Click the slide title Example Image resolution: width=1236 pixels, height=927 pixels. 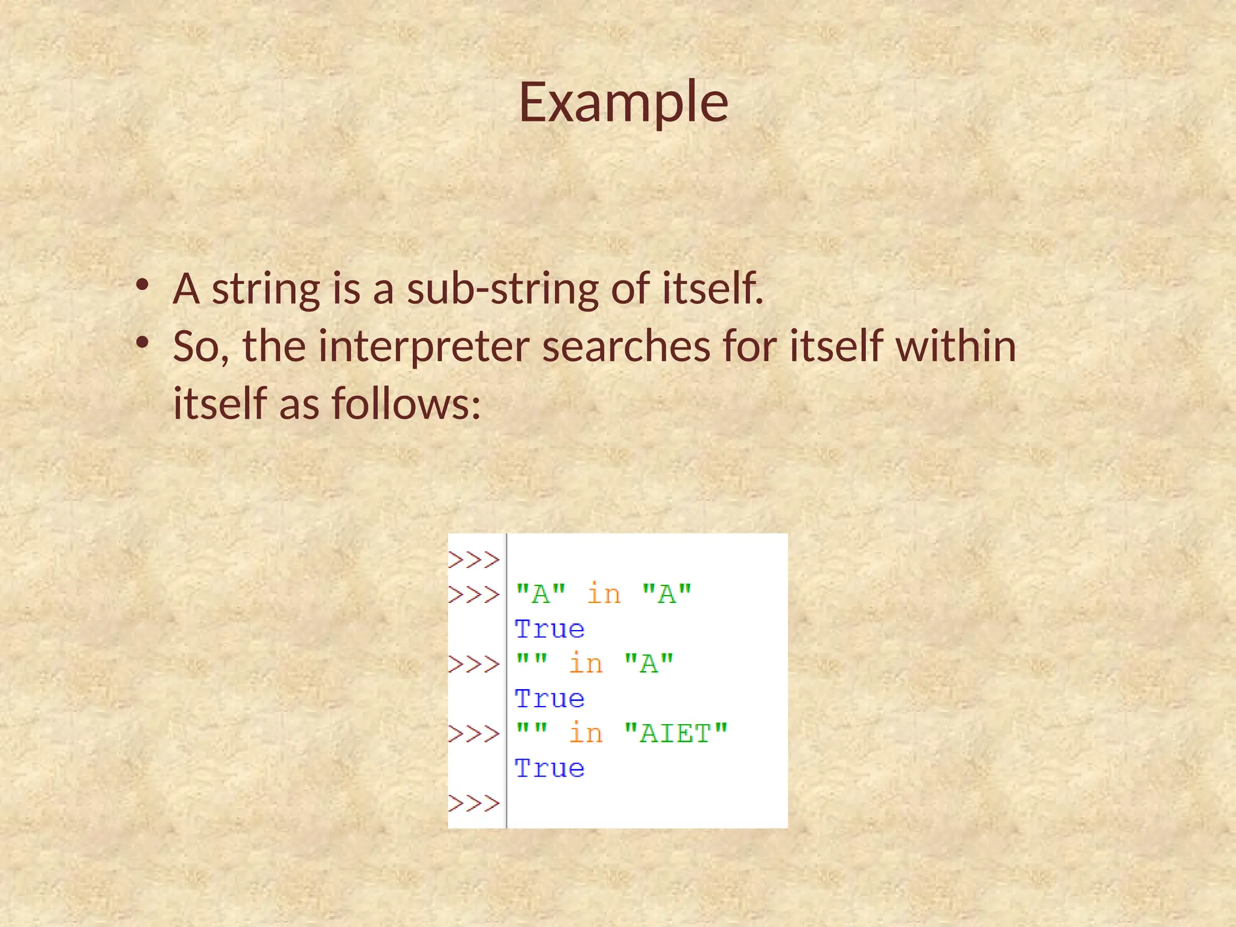(x=623, y=102)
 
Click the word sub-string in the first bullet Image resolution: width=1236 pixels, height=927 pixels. (x=502, y=288)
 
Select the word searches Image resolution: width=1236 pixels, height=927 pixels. (x=626, y=346)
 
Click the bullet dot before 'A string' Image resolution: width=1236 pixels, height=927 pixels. (x=142, y=285)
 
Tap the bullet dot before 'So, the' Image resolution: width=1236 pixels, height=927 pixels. (x=142, y=343)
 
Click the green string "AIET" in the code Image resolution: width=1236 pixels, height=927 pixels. (x=675, y=734)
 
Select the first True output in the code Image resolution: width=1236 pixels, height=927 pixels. (x=549, y=629)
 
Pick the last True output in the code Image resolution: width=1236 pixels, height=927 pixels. (x=549, y=769)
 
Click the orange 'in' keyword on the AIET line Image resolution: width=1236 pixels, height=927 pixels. (x=585, y=733)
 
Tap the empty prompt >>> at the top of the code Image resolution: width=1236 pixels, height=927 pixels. (x=474, y=560)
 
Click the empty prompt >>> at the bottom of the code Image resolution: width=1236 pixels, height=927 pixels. (x=474, y=803)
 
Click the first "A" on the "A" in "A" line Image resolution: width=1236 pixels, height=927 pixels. (x=541, y=594)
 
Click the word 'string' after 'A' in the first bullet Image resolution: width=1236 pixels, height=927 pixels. (x=266, y=288)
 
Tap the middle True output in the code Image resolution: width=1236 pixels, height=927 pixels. (x=549, y=699)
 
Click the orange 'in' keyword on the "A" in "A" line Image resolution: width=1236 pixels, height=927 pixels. (x=604, y=594)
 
